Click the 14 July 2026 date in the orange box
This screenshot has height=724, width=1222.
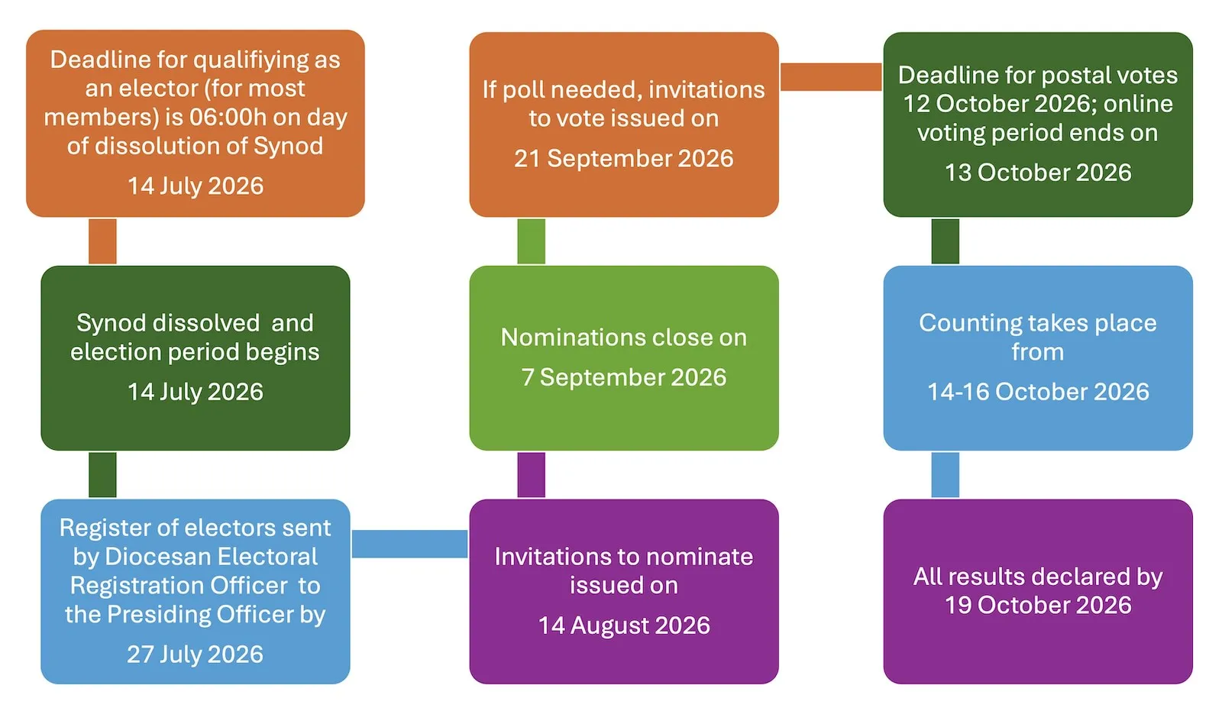(x=196, y=186)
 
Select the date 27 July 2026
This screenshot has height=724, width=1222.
(x=195, y=655)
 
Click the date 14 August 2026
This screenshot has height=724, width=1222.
(x=624, y=625)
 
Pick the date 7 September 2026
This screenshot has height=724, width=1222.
(x=623, y=377)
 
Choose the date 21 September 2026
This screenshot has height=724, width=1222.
(x=623, y=158)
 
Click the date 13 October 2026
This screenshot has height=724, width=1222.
(x=1038, y=173)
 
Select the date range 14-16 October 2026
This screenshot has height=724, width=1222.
(x=1038, y=392)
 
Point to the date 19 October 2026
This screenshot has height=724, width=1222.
(x=1038, y=605)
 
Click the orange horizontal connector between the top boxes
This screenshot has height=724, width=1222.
(x=831, y=76)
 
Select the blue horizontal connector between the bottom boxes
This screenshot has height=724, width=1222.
(x=409, y=544)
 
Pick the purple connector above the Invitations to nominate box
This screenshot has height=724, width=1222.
(x=531, y=475)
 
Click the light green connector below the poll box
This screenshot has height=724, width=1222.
(x=531, y=241)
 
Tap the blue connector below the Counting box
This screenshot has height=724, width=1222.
(x=945, y=475)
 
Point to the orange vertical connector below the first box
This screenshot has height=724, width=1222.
(x=102, y=241)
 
